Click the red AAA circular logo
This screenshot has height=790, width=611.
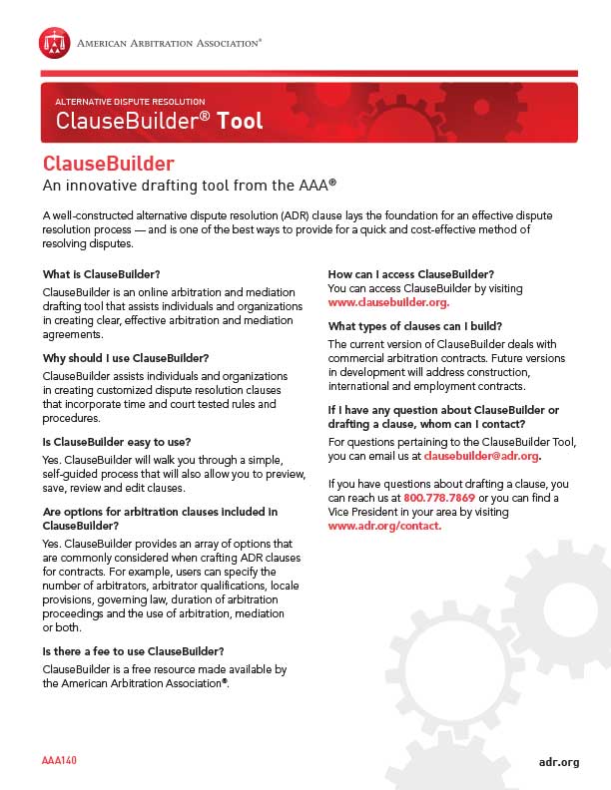point(54,43)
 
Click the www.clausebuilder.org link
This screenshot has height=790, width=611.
point(388,302)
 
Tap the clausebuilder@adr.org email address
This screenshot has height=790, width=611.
point(481,456)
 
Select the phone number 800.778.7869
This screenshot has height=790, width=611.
point(438,497)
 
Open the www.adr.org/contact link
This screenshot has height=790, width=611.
point(384,525)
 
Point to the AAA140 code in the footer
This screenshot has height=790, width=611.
point(60,761)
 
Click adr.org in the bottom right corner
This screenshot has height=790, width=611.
point(558,762)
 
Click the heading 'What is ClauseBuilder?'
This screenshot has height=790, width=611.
point(102,274)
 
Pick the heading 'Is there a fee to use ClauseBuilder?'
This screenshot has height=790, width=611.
point(133,651)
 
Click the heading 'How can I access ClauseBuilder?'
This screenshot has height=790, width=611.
point(411,273)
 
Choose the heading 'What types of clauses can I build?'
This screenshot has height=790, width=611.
point(414,326)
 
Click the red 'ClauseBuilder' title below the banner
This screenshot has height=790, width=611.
point(109,164)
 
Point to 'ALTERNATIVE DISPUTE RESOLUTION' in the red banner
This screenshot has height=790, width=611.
point(130,102)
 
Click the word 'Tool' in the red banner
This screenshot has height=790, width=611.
point(240,122)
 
